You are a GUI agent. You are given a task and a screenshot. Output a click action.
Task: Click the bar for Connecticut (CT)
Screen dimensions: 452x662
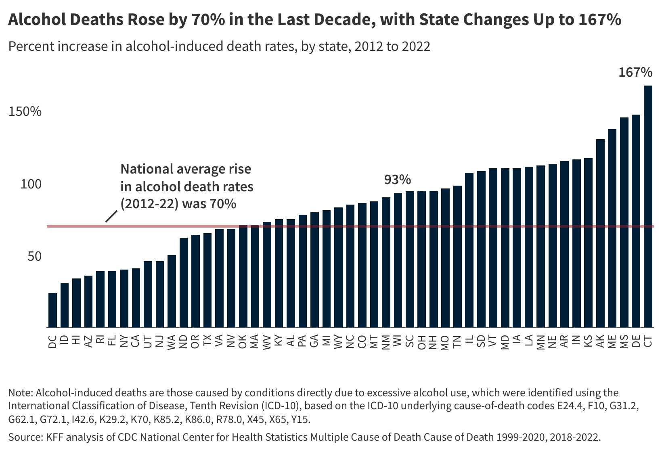(648, 206)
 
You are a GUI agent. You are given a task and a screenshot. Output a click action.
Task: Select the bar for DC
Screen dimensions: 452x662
(52, 310)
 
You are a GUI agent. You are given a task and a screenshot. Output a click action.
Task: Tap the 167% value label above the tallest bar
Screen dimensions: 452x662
(635, 73)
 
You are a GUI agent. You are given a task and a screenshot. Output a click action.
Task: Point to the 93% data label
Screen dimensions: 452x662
(397, 180)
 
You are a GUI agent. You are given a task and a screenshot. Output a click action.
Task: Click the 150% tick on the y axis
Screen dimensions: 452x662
(25, 112)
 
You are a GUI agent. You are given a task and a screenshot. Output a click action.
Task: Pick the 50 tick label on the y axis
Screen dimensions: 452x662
(34, 256)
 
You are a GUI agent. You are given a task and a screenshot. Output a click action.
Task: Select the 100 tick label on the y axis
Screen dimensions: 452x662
(31, 184)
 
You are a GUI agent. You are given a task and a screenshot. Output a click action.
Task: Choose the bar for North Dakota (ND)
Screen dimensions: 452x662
(184, 282)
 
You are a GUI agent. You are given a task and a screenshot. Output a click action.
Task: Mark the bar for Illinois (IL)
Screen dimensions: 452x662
(469, 250)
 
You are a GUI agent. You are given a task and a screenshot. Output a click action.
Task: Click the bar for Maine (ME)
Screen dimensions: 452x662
(612, 228)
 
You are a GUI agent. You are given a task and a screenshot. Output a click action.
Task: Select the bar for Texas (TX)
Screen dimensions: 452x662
(207, 280)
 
